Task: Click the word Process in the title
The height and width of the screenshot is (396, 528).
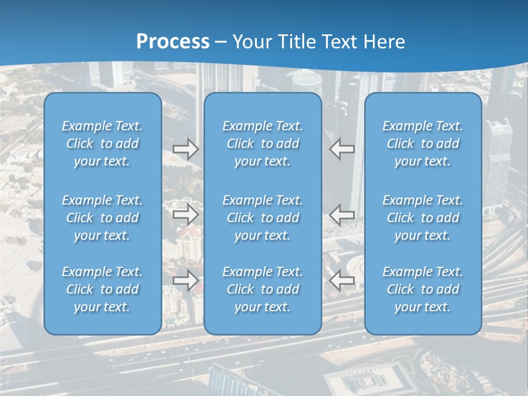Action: [173, 42]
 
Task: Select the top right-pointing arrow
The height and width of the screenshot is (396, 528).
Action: [185, 149]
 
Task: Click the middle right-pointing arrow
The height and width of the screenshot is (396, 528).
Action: [185, 215]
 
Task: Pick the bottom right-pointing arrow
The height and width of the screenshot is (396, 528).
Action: [185, 280]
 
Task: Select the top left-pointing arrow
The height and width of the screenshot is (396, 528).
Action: [342, 149]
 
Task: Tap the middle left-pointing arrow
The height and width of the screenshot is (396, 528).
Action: [342, 215]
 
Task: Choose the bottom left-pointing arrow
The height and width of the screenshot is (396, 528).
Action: [342, 280]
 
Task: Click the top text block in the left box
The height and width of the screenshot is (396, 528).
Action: [102, 144]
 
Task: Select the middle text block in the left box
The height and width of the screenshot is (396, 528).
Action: [102, 218]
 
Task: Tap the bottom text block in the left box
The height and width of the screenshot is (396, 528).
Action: [102, 289]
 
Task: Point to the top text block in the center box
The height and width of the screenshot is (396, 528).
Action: [263, 144]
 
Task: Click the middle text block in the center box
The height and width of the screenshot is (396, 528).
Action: [263, 218]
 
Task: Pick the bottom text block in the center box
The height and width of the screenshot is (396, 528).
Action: [263, 289]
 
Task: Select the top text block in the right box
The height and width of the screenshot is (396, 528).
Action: [423, 144]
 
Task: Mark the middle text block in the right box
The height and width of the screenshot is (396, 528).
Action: [423, 218]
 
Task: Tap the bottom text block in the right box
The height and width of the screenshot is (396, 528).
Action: [423, 289]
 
